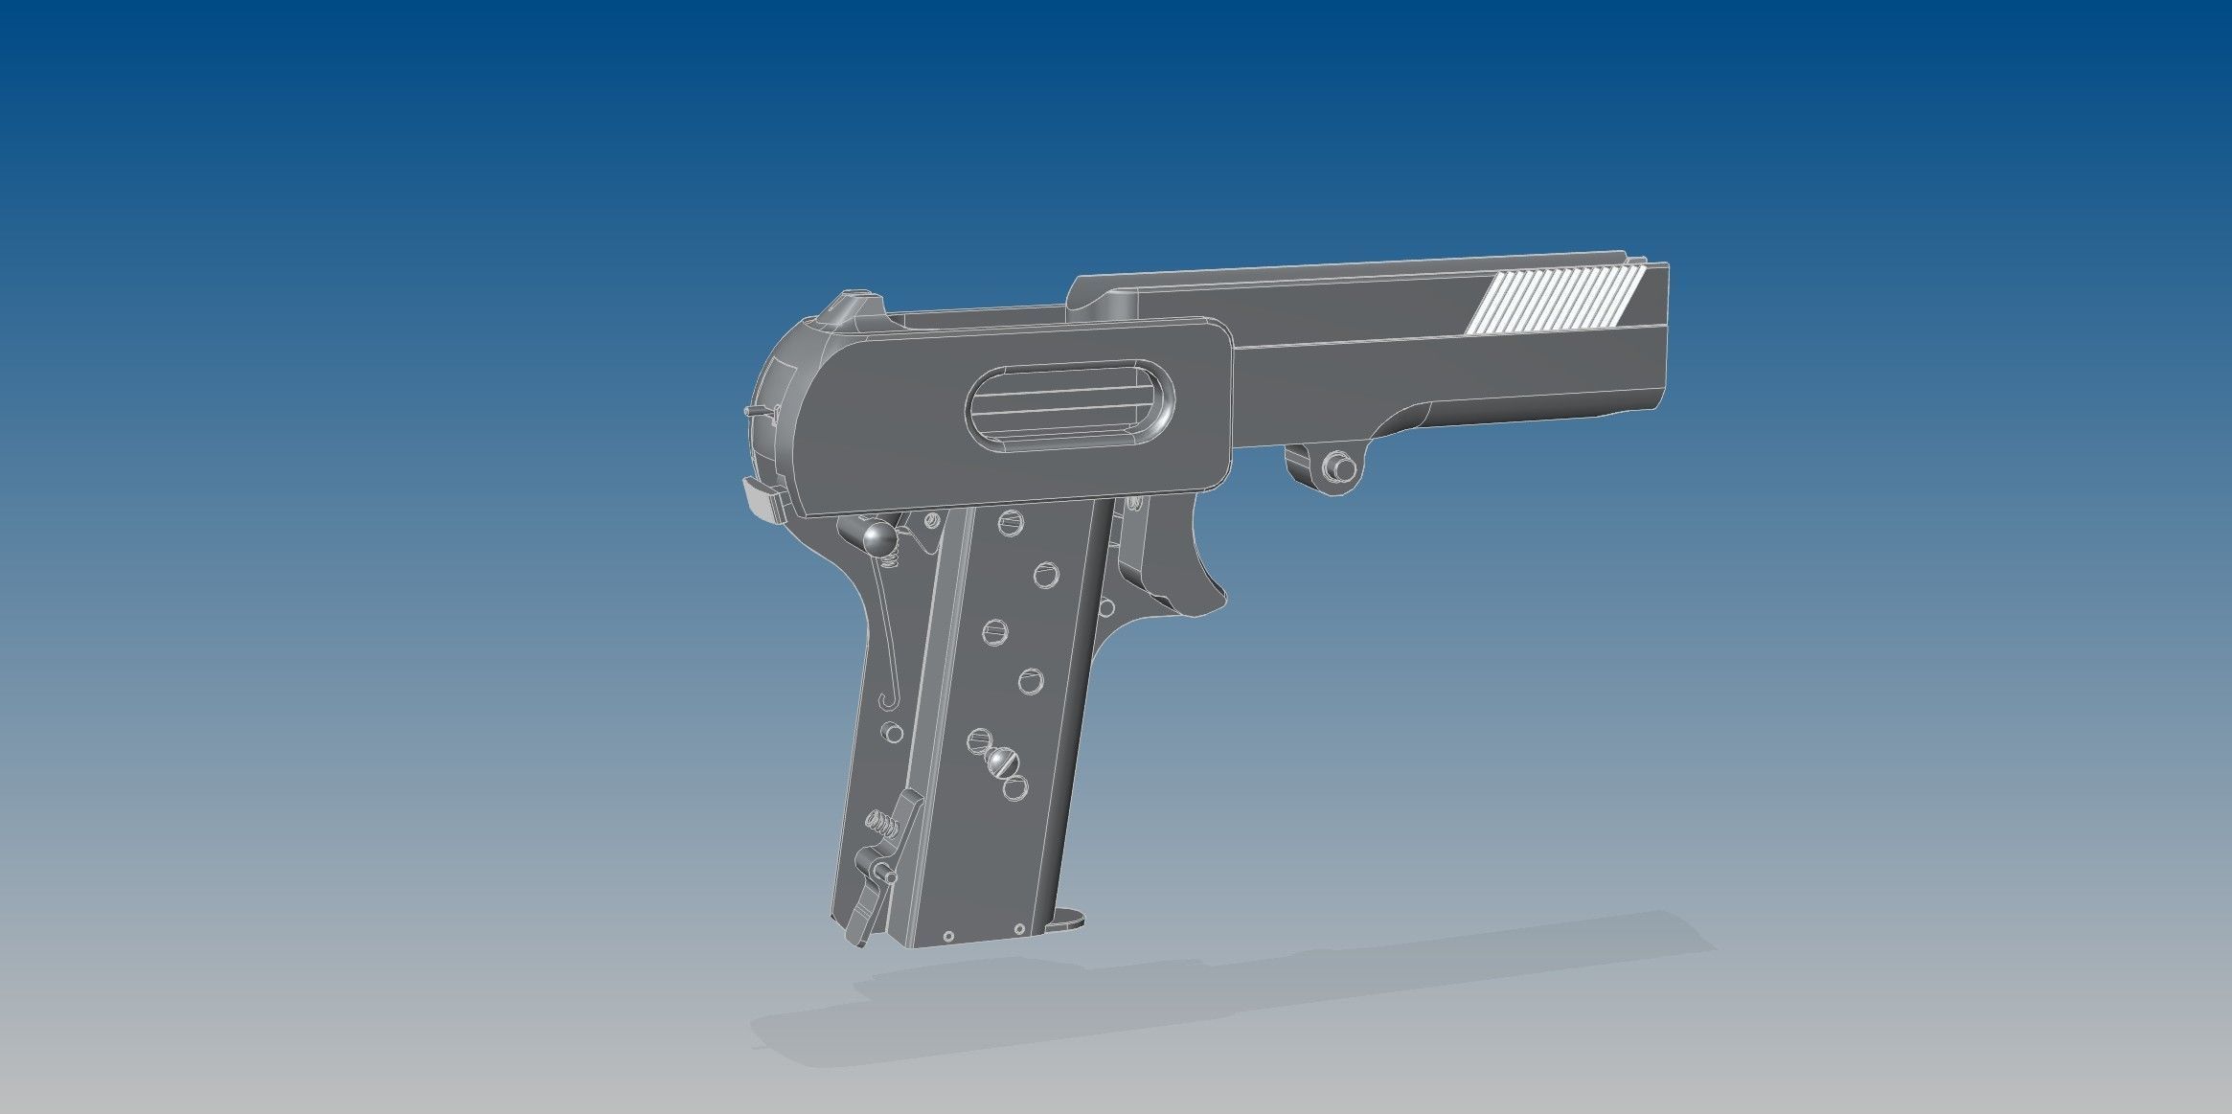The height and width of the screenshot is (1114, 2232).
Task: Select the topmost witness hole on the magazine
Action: pos(1010,522)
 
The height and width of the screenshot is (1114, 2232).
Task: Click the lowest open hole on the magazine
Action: pos(1014,788)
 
